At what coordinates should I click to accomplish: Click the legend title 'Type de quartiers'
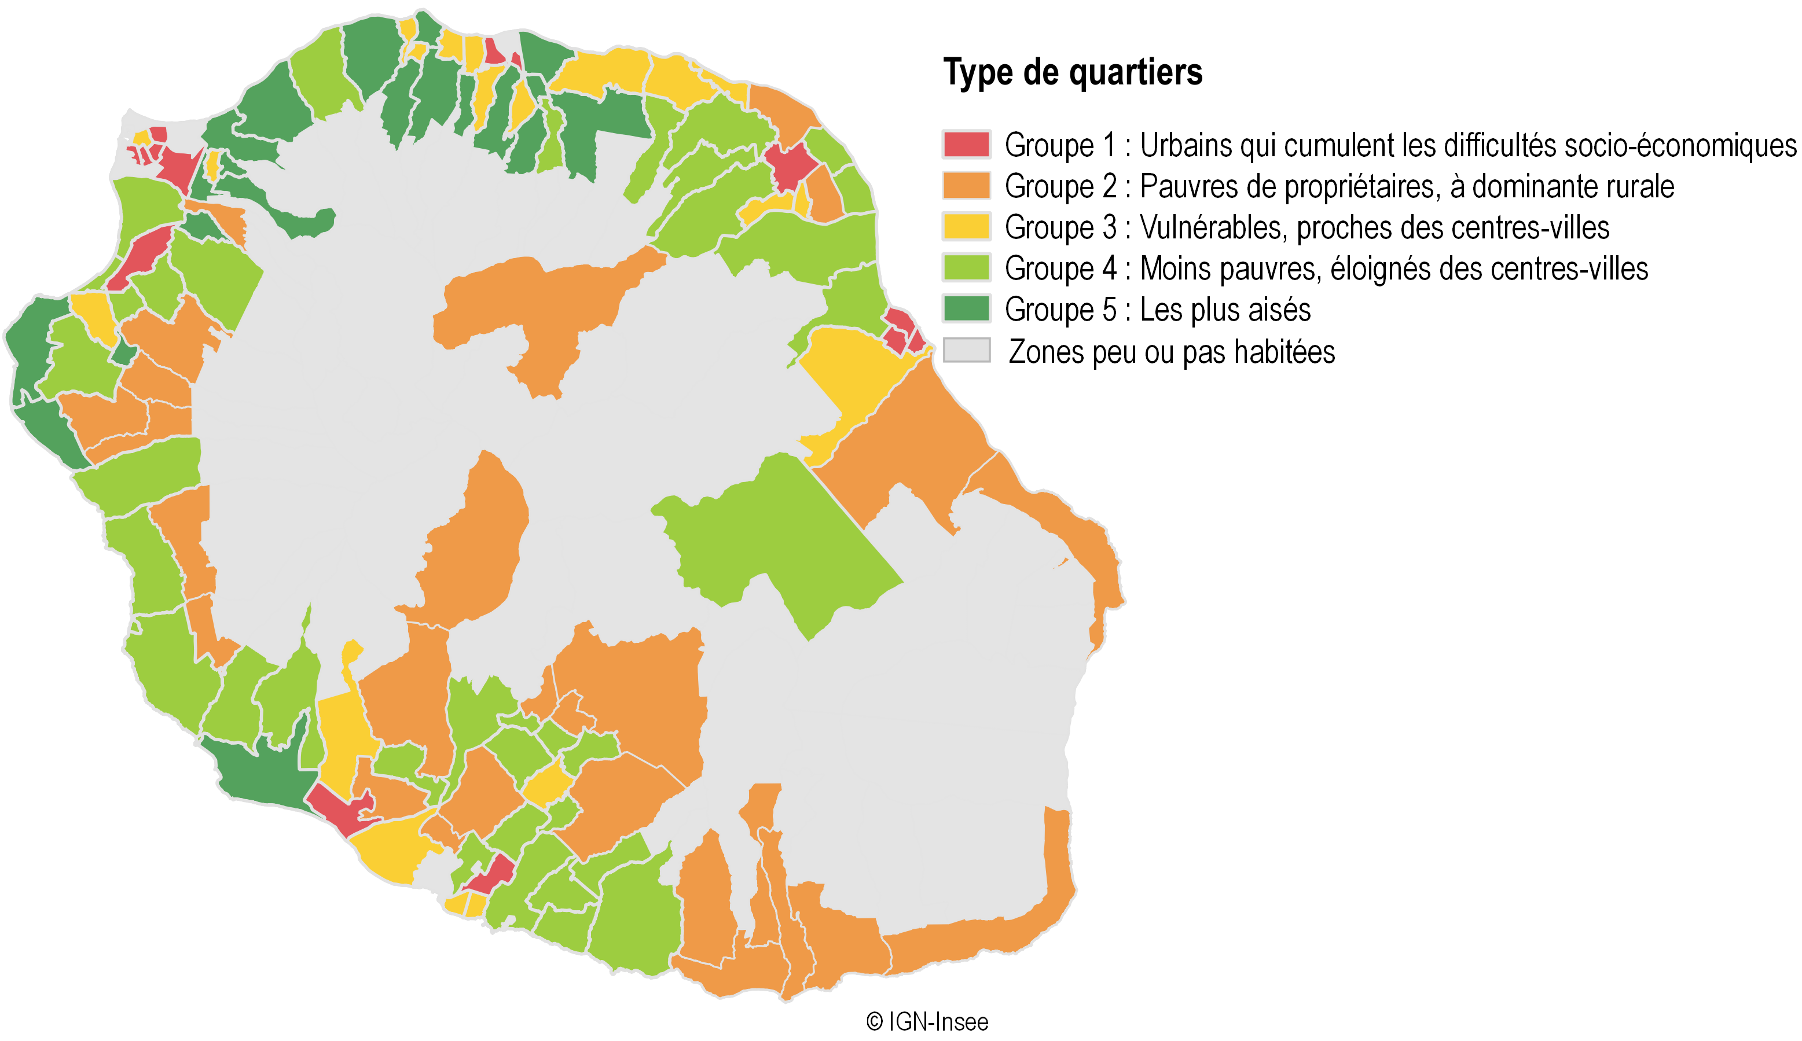pos(1073,73)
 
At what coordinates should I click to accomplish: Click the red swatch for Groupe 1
pos(967,145)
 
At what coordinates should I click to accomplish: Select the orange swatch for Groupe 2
pos(967,186)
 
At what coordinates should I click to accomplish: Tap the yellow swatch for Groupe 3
pos(967,227)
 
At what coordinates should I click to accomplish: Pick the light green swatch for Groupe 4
pos(967,268)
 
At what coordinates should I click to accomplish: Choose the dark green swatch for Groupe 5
pos(967,309)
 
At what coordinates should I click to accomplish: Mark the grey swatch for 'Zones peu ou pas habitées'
pos(967,350)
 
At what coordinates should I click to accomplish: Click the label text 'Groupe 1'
pos(1059,146)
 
